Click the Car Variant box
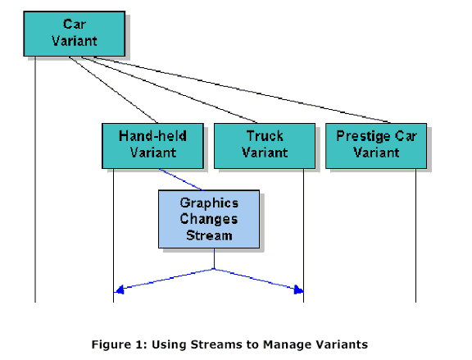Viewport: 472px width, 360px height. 75,34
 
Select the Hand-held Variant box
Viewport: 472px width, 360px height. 152,146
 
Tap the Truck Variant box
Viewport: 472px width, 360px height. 265,146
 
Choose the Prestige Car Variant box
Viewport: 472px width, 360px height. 376,146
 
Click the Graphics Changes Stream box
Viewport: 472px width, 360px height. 209,219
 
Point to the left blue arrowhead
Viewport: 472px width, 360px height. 120,289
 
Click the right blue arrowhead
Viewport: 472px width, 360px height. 298,289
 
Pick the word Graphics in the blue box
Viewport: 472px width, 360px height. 209,203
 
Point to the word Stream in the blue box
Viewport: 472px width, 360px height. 209,235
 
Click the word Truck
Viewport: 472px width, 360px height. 265,136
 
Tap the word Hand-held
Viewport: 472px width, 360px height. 152,136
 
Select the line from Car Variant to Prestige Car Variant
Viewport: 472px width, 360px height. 243,89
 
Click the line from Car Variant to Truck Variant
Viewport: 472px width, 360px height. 169,89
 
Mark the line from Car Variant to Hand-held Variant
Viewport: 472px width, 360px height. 113,89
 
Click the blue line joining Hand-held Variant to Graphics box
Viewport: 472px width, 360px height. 180,180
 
